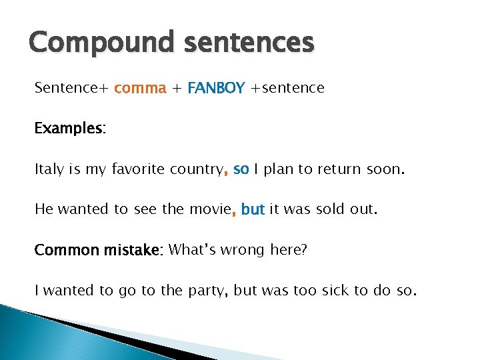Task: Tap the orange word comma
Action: click(140, 88)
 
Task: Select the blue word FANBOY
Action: click(217, 88)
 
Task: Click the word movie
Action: click(209, 209)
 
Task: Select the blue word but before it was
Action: click(253, 209)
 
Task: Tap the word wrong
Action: click(246, 250)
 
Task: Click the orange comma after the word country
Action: click(226, 173)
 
